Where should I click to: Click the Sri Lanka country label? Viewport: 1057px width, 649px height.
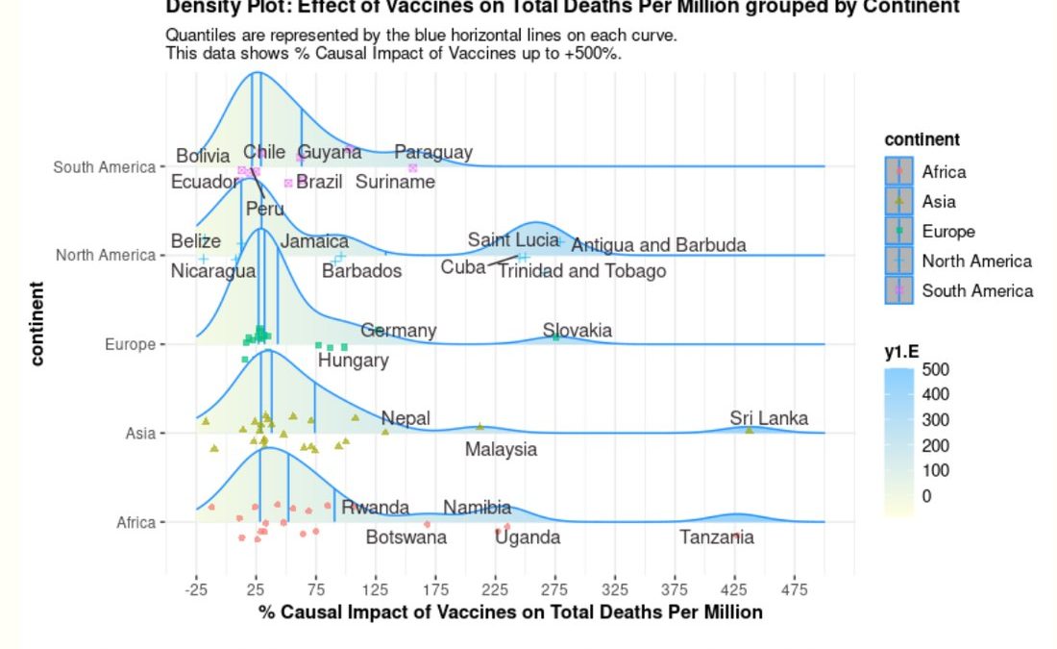(x=768, y=418)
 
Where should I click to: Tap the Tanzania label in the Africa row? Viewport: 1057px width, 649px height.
(x=717, y=537)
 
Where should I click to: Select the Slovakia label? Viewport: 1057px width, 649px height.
(x=577, y=331)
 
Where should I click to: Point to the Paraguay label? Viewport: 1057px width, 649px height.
(x=433, y=152)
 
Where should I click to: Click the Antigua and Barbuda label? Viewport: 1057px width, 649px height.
(x=658, y=245)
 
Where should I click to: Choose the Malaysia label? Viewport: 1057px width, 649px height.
(x=501, y=449)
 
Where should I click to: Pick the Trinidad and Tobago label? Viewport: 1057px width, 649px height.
(x=581, y=271)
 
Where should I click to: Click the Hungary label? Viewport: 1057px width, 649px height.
(x=353, y=361)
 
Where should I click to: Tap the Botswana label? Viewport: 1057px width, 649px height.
(x=406, y=537)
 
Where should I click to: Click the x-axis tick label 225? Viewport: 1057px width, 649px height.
(x=496, y=589)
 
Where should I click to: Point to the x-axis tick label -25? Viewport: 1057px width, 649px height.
(x=196, y=589)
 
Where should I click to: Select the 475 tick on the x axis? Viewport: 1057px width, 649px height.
(x=795, y=589)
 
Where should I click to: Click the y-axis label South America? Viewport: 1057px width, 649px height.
(x=104, y=167)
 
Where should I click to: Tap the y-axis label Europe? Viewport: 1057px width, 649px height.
(x=130, y=344)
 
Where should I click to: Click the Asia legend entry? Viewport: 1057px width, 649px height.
(x=939, y=202)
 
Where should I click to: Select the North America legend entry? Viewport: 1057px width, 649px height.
(x=976, y=261)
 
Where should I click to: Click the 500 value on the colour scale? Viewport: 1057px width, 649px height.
(x=935, y=369)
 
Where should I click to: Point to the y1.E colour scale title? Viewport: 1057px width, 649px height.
(x=901, y=352)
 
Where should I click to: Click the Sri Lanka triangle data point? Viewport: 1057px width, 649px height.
(x=750, y=430)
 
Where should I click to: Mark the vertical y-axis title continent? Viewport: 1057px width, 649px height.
(x=37, y=323)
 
